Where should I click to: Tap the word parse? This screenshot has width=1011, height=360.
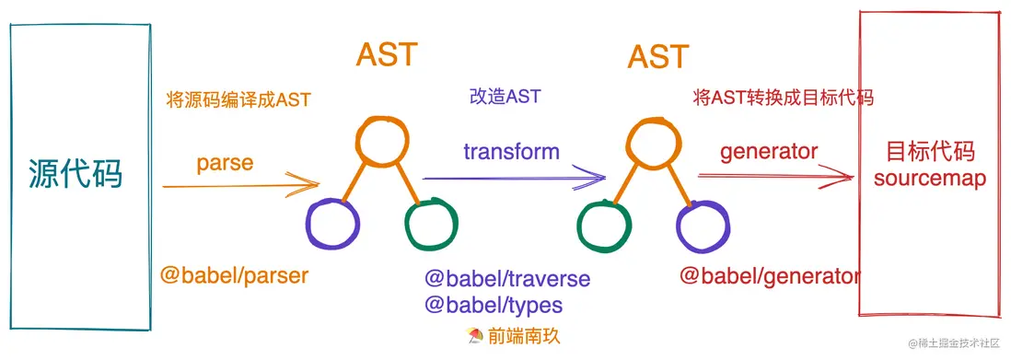pos(225,163)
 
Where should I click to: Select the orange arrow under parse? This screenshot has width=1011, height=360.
pos(239,187)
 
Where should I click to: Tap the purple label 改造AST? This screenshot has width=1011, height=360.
pos(505,96)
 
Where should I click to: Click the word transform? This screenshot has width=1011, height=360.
pos(511,152)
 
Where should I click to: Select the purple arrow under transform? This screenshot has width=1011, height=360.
pos(513,180)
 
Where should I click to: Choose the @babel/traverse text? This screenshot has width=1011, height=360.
pos(507,278)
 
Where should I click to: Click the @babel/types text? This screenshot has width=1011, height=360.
pos(493,304)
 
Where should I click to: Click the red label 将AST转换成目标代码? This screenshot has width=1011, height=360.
pos(783,97)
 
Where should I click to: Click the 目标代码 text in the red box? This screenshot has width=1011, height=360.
pos(929,152)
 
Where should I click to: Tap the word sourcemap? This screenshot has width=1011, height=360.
pos(929,178)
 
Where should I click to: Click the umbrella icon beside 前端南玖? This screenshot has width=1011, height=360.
pos(476,337)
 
